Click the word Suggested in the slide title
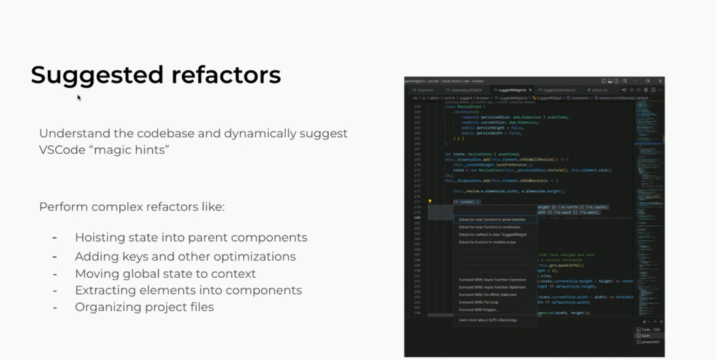pos(97,75)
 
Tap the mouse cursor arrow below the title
pos(79,97)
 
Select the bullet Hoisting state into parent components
pos(191,237)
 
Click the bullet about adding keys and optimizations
pos(185,256)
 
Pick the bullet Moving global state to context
pos(165,273)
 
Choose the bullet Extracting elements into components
pos(188,290)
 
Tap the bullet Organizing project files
pos(144,307)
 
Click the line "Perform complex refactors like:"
pos(132,207)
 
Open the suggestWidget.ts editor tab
pos(512,90)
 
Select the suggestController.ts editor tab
pos(557,90)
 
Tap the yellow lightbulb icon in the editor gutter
pos(430,201)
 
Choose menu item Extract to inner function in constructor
pos(490,227)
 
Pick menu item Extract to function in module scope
pos(487,242)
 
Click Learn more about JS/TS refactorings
pos(487,320)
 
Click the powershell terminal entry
pos(650,341)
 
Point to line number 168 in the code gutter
pos(417,154)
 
